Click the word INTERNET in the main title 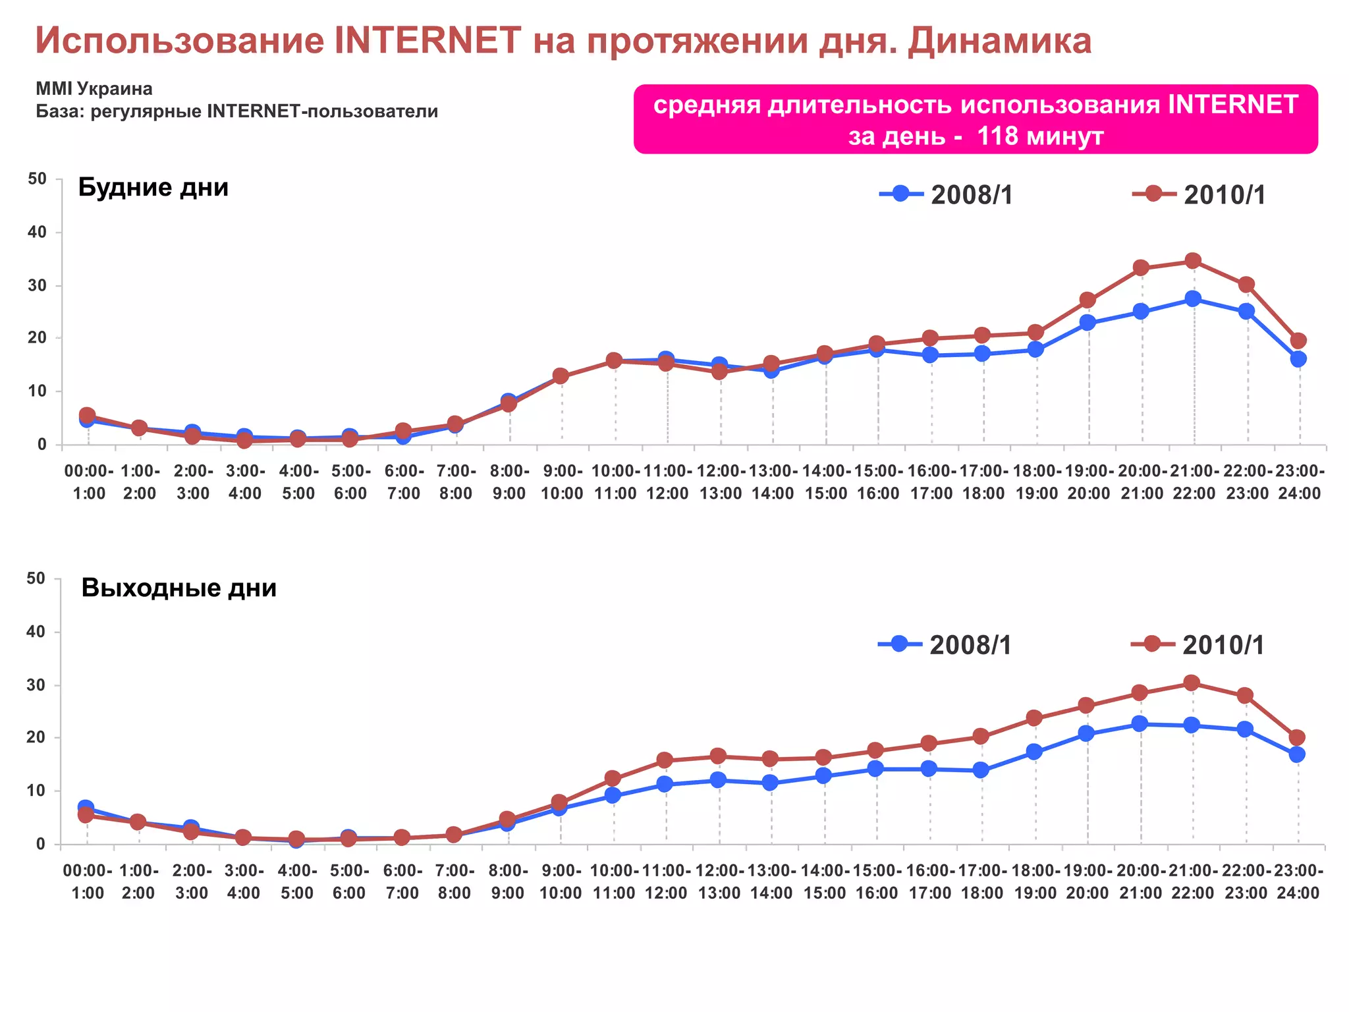click(x=428, y=40)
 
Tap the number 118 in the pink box click(x=997, y=136)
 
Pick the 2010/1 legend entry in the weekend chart click(x=1198, y=644)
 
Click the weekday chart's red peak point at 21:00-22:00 click(x=1193, y=261)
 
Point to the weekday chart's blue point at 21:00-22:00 click(x=1193, y=298)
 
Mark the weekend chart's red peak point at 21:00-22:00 click(x=1192, y=683)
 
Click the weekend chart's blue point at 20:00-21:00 click(x=1140, y=723)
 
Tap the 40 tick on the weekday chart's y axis click(x=38, y=232)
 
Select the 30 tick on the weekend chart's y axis click(x=36, y=685)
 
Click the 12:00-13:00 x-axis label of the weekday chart click(x=721, y=482)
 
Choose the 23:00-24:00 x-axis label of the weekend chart click(x=1298, y=882)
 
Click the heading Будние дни click(x=153, y=188)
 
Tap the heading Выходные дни click(x=179, y=588)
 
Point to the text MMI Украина click(x=94, y=89)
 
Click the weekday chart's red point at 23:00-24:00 click(x=1298, y=341)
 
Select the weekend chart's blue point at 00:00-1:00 click(x=86, y=807)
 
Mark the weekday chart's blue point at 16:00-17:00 click(x=930, y=355)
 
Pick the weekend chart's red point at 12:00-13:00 click(x=719, y=756)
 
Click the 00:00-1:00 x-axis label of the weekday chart click(x=88, y=482)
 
